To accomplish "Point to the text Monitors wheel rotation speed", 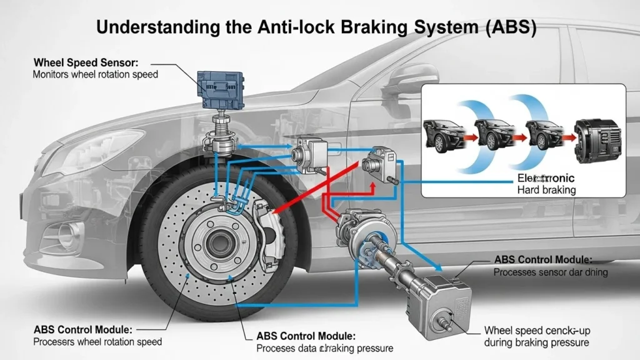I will (95, 74).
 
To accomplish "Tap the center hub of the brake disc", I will (219, 240).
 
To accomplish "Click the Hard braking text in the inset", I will (546, 189).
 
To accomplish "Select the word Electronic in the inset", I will (546, 178).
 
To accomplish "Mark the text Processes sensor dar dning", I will (550, 272).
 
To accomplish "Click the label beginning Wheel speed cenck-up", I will (536, 331).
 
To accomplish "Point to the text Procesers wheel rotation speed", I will (97, 341).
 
